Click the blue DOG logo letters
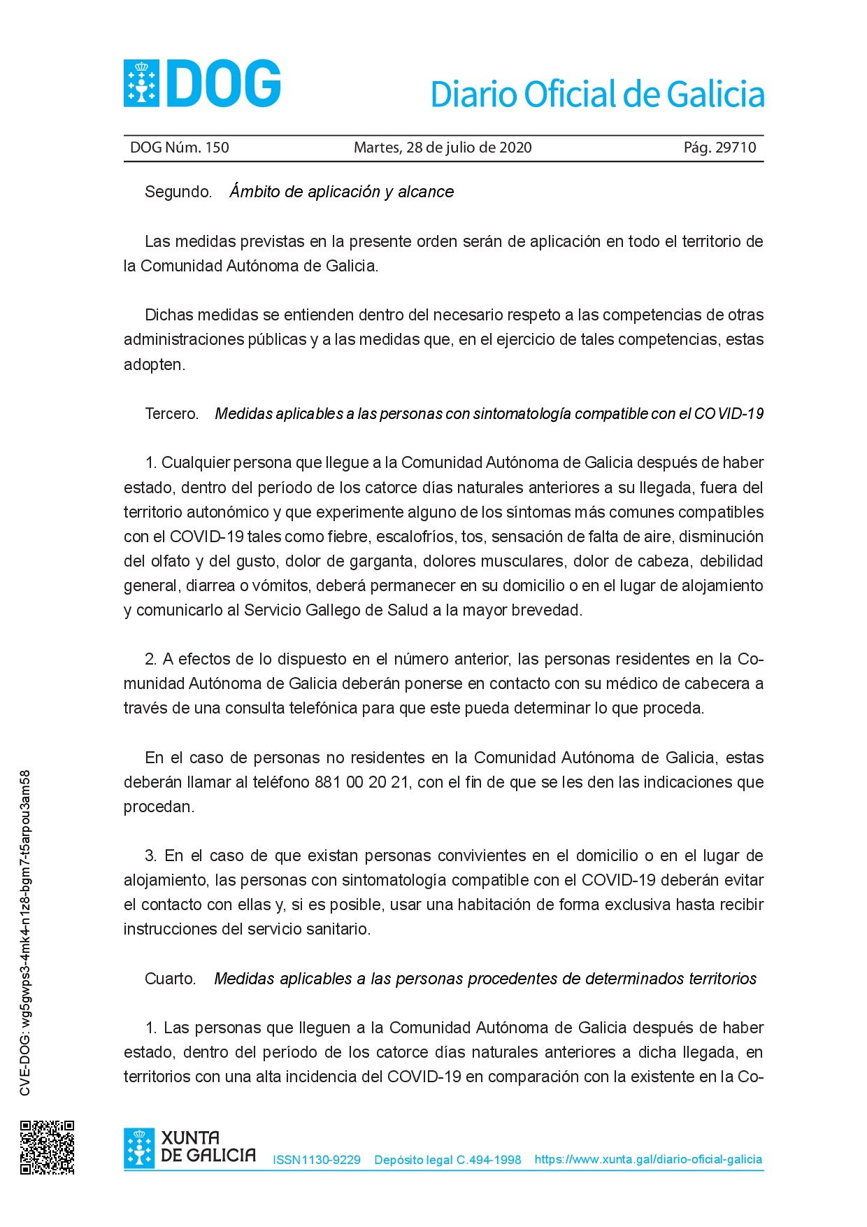(x=224, y=84)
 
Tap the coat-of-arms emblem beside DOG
(x=141, y=84)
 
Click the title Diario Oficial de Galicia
(x=597, y=94)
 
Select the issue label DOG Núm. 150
(x=180, y=148)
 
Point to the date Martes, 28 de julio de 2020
(x=443, y=148)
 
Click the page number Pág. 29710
(x=719, y=148)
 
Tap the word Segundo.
(x=178, y=192)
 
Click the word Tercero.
(x=172, y=413)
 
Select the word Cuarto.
(x=171, y=979)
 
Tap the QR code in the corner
(x=47, y=1147)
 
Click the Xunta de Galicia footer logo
(x=189, y=1147)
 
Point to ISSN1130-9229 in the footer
(x=317, y=1160)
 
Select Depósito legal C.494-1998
(x=447, y=1160)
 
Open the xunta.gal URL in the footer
(x=648, y=1159)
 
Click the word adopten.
(x=155, y=364)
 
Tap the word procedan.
(x=159, y=807)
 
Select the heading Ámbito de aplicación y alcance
(x=342, y=192)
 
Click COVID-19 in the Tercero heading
(x=729, y=413)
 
